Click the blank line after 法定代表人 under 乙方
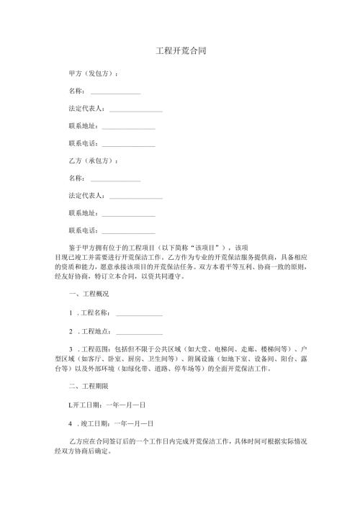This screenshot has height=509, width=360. pyautogui.click(x=136, y=197)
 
